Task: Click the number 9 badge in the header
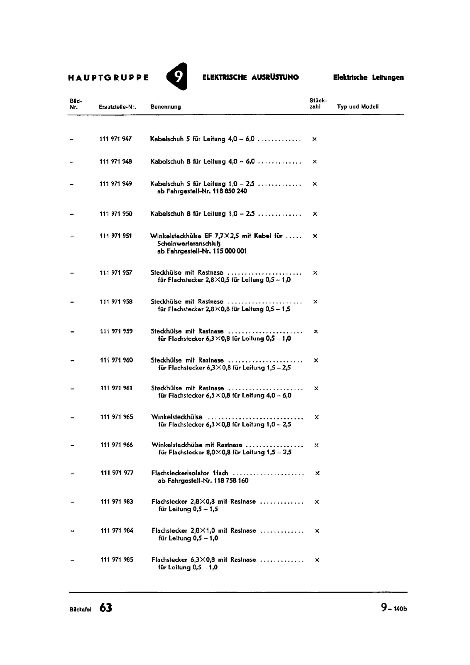click(177, 77)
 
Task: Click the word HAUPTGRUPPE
click(108, 77)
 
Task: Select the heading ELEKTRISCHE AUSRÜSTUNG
click(250, 77)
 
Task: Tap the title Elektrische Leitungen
click(368, 77)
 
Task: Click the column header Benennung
click(165, 107)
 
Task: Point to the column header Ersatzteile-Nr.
click(117, 107)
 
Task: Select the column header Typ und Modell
click(357, 107)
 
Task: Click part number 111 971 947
click(115, 139)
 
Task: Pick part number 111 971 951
click(116, 236)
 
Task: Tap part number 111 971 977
click(117, 473)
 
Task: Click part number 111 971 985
click(117, 559)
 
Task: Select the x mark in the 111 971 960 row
click(316, 360)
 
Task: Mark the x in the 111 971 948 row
click(314, 162)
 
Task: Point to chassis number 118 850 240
click(230, 191)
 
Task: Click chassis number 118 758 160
click(231, 480)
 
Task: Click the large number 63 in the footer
click(106, 608)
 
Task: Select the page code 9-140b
click(394, 608)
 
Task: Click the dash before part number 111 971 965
click(72, 417)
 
